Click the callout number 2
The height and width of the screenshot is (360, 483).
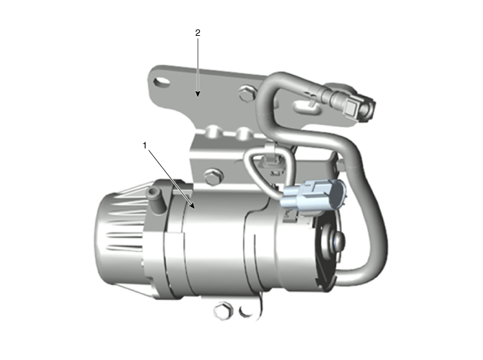(x=198, y=32)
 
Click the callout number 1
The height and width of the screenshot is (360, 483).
(x=145, y=145)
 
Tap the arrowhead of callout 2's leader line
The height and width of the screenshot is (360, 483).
(x=198, y=93)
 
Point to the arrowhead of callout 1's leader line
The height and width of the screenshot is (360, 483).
(x=192, y=206)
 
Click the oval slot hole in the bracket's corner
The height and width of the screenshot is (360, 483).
(x=161, y=81)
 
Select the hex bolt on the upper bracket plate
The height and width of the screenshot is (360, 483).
(x=247, y=93)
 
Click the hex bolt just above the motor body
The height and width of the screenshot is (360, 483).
(x=214, y=177)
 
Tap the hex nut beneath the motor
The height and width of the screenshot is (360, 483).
(x=223, y=310)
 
